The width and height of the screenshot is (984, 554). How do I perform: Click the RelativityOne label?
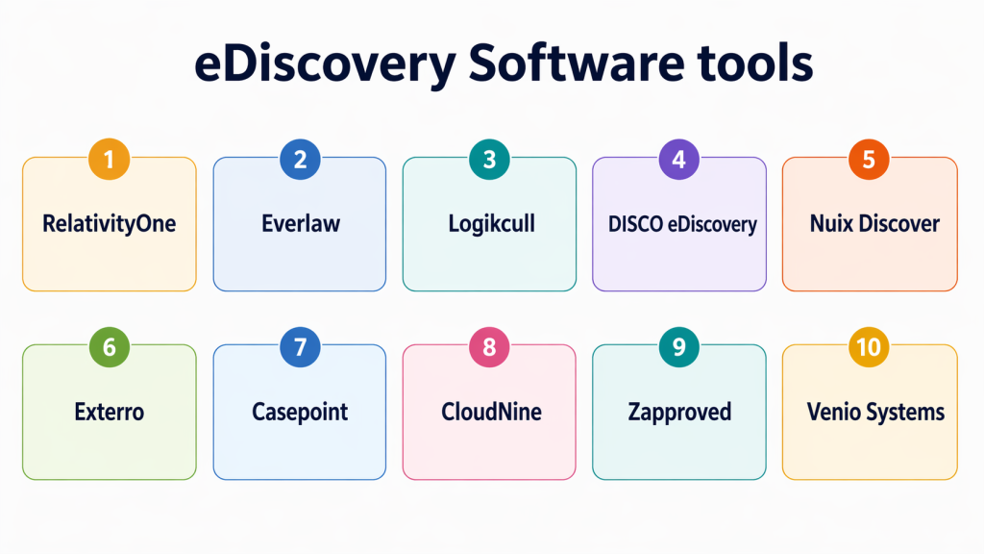(x=110, y=224)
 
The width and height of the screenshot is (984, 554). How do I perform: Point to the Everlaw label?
(x=300, y=224)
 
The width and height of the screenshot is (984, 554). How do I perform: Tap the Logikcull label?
(x=491, y=224)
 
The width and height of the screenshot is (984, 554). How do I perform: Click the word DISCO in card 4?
(x=635, y=224)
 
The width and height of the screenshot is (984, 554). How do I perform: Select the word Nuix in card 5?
(x=831, y=224)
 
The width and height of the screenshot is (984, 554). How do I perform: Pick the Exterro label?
(x=109, y=413)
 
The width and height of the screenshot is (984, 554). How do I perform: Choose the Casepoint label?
(x=300, y=413)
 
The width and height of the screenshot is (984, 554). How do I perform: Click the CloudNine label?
(x=491, y=413)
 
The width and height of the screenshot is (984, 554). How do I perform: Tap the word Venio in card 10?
(x=834, y=413)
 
